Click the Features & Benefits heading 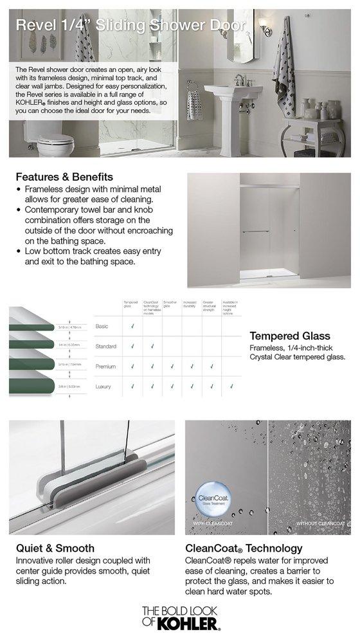(64, 177)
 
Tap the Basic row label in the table (102, 327)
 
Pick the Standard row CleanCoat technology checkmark (152, 347)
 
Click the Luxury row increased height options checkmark (230, 386)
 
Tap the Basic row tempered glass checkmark (132, 327)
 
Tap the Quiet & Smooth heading (55, 548)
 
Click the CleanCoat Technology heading (244, 548)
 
